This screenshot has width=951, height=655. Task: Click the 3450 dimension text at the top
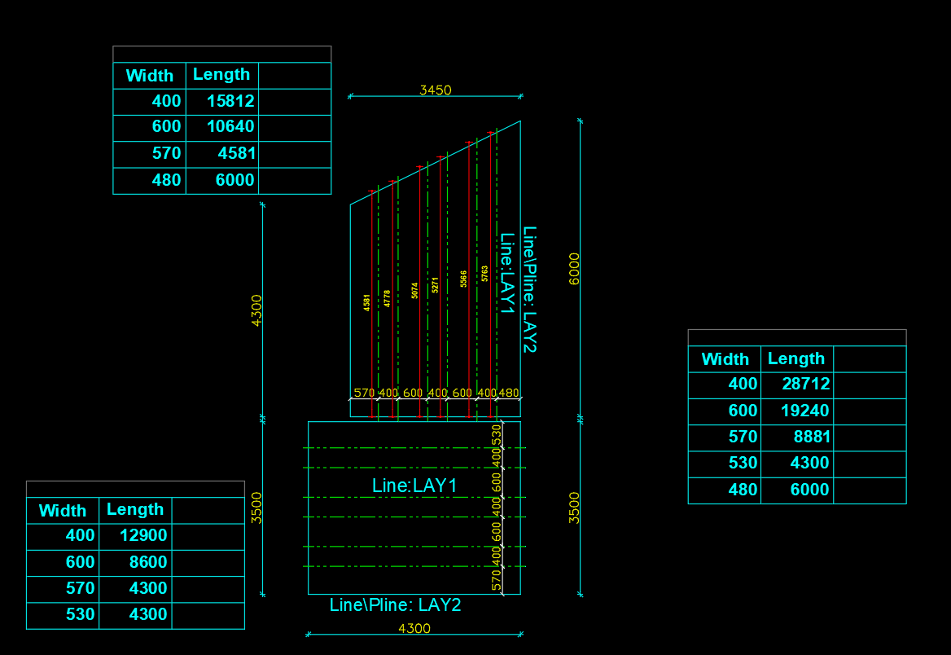[x=435, y=90]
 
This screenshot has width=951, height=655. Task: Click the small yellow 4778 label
[x=388, y=298]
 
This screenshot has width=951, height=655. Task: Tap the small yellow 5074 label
[x=415, y=291]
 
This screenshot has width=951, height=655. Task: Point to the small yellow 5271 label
[x=436, y=285]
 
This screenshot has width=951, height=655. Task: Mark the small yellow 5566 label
[x=464, y=279]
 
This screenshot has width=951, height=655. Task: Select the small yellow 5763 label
[x=485, y=273]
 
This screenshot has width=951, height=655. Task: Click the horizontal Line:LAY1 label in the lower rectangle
[x=414, y=486]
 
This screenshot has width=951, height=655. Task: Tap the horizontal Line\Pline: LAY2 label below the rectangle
[x=395, y=605]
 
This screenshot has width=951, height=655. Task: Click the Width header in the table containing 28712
[x=725, y=359]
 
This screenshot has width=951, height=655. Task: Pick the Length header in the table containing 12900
[x=135, y=509]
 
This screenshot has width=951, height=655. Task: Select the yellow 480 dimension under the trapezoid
[x=508, y=393]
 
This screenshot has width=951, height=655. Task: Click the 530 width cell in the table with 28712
[x=743, y=463]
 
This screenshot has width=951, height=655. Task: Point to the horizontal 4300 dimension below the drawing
[x=414, y=628]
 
